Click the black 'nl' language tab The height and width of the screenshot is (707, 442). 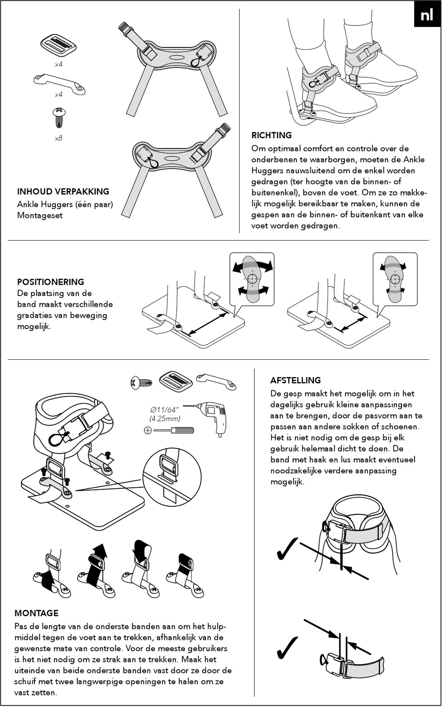pos(427,15)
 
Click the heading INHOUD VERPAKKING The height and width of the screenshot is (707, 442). pos(63,191)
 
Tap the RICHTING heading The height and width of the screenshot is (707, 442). pos(272,135)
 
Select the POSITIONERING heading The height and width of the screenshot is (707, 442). pos(51,282)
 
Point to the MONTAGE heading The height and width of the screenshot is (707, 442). pos(36,613)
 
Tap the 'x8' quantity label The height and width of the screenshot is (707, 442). pos(59,138)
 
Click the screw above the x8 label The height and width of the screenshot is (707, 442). pos(59,118)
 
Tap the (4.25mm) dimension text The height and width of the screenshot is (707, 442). pos(165,418)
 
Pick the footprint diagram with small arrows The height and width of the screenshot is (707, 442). pos(395,278)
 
